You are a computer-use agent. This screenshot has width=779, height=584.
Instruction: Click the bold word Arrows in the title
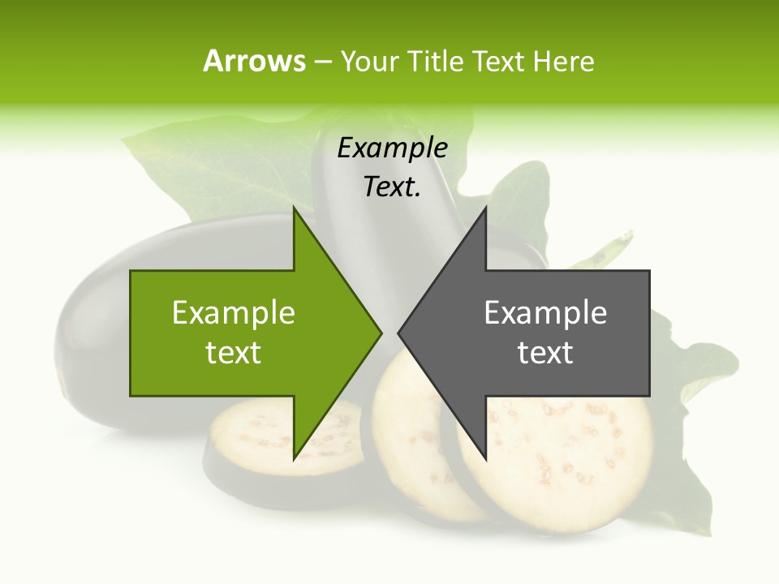pos(254,61)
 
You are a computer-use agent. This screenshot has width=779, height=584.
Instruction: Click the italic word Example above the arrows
pos(392,148)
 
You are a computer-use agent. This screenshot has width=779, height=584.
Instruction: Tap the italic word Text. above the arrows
pos(392,187)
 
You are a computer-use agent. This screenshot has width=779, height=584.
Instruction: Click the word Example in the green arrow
pos(234,312)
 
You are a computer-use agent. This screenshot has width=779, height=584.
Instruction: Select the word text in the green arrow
pos(234,353)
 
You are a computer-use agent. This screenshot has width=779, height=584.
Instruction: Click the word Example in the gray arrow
pos(545,312)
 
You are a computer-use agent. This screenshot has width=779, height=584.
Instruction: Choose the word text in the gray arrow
pos(545,353)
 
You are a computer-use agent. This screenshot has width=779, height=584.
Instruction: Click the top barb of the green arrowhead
pos(295,213)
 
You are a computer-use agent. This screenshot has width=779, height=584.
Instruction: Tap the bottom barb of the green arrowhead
pos(295,456)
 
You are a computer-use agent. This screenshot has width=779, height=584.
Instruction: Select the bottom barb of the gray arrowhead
pos(484,456)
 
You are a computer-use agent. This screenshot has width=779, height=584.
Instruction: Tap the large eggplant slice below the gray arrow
pos(568,462)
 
